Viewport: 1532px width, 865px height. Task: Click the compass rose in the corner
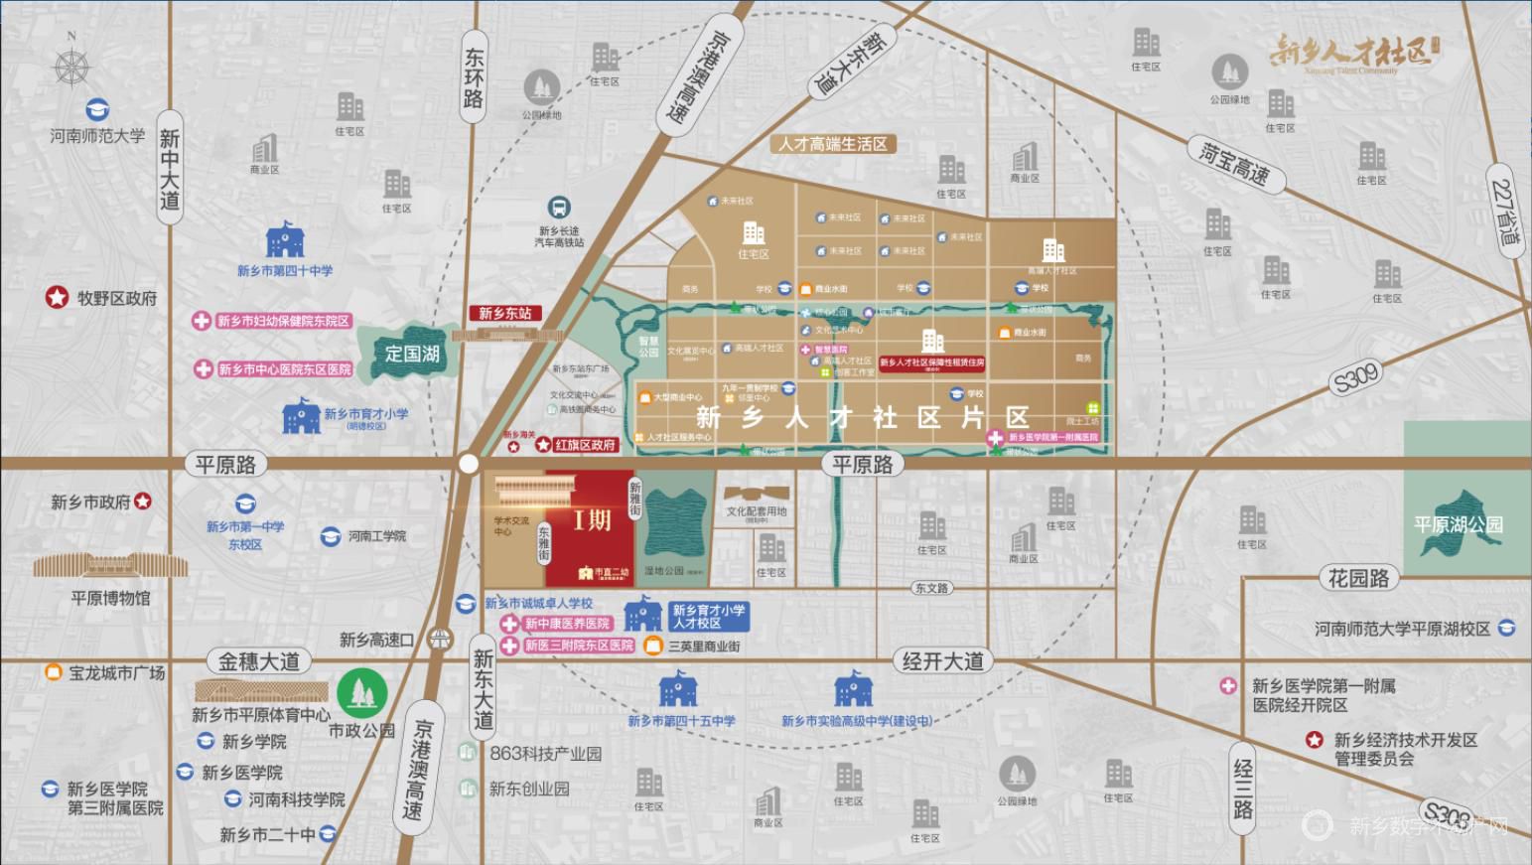(x=70, y=68)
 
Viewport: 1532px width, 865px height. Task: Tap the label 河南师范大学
(x=97, y=136)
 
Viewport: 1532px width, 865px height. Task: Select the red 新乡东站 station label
(x=504, y=313)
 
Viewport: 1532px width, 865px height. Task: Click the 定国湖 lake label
(x=412, y=354)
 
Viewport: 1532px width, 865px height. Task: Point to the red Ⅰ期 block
(x=592, y=520)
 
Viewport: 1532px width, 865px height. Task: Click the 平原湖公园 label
(x=1458, y=524)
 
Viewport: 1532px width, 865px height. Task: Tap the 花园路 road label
(x=1358, y=578)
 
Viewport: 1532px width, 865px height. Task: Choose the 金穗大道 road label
(x=259, y=661)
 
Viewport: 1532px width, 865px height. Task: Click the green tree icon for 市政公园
(x=361, y=693)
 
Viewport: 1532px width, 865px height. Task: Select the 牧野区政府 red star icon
(x=57, y=297)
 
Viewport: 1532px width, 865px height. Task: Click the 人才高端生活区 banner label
(x=832, y=144)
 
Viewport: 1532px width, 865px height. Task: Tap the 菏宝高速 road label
(x=1236, y=165)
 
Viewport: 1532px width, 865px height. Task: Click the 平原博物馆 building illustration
(x=110, y=566)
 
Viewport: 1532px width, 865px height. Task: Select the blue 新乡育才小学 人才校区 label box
(x=707, y=617)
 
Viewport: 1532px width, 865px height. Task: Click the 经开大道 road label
(x=942, y=661)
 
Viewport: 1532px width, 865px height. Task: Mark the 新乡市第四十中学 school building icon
(x=284, y=241)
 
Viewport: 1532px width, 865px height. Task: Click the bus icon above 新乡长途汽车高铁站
(x=559, y=208)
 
